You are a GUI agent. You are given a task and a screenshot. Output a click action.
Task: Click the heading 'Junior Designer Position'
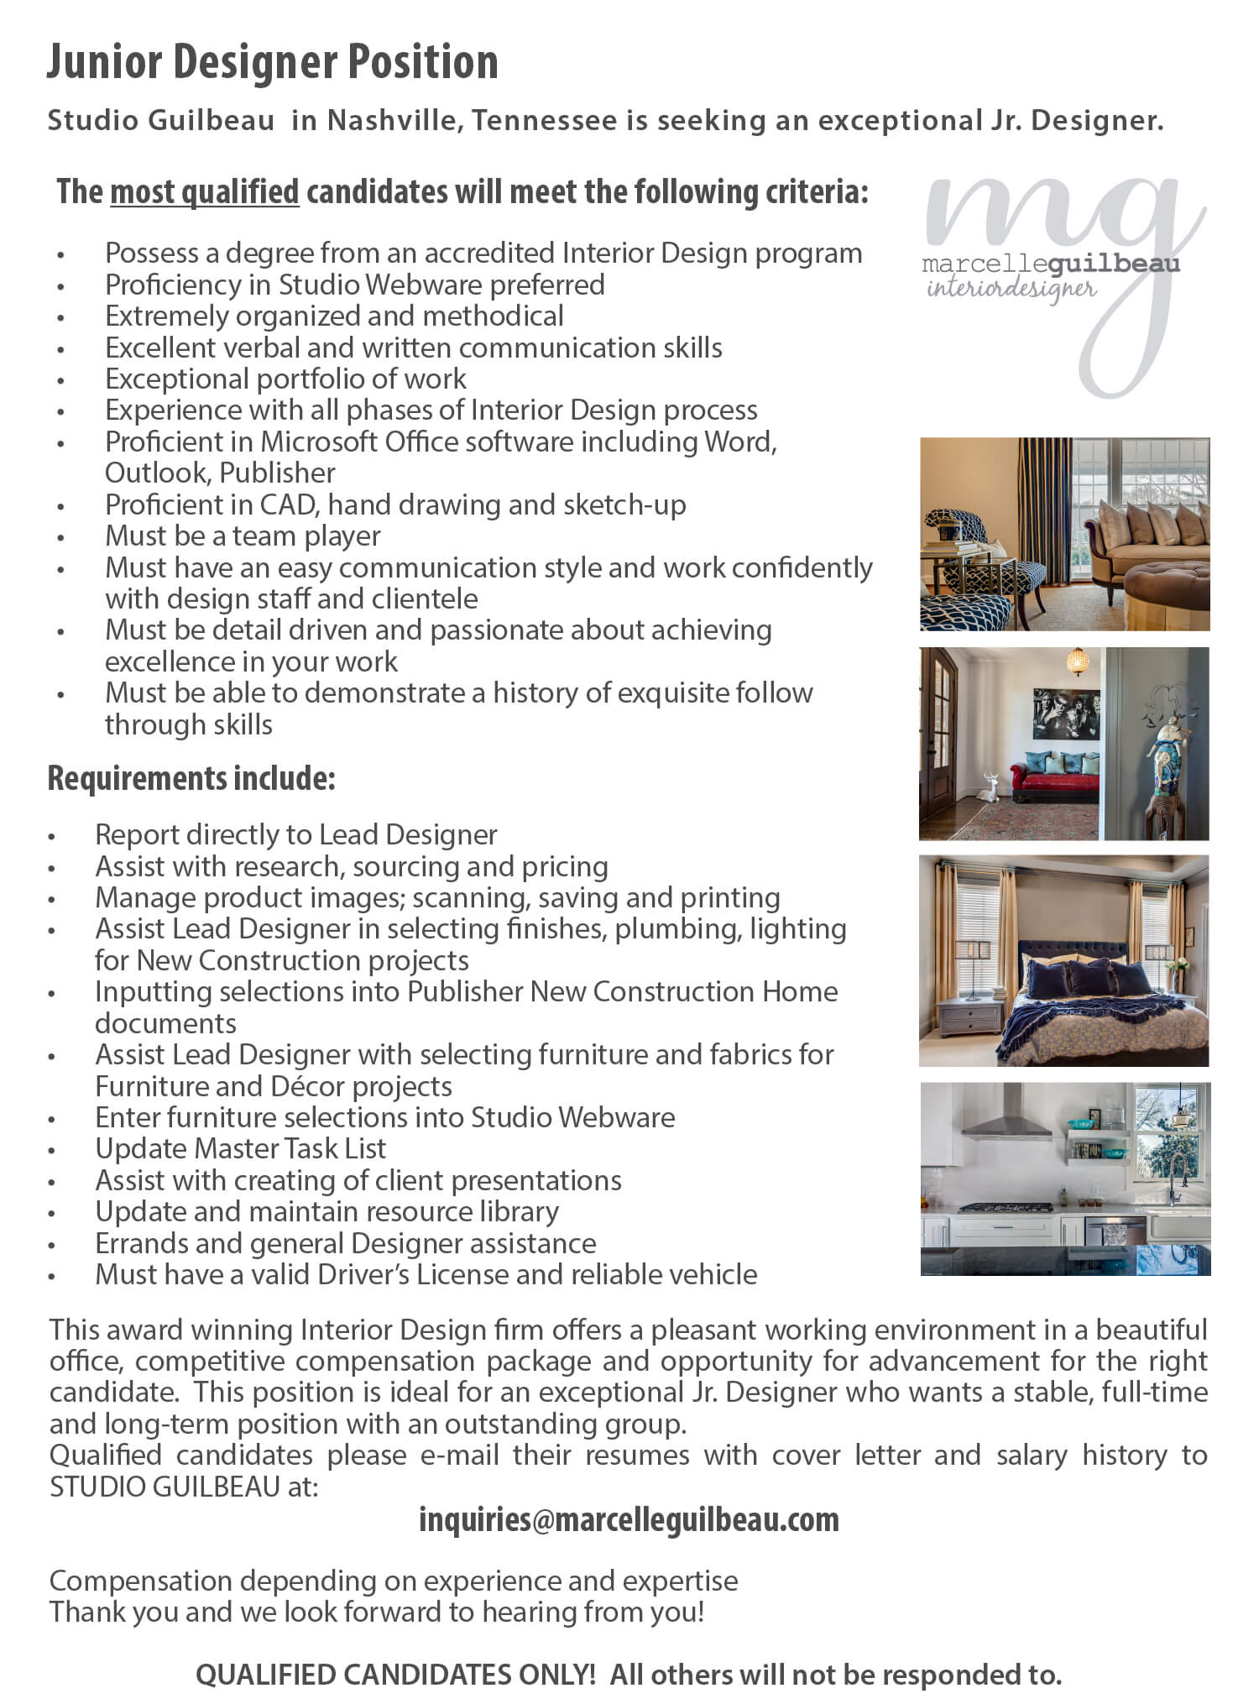pyautogui.click(x=272, y=62)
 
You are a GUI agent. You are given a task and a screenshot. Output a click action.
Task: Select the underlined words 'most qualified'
pyautogui.click(x=204, y=192)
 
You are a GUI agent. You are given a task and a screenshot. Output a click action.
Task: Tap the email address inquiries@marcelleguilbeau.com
pyautogui.click(x=629, y=1519)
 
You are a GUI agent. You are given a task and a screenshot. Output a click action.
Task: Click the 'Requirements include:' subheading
pyautogui.click(x=191, y=778)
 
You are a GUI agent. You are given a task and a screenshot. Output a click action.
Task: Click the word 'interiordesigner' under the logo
pyautogui.click(x=1011, y=290)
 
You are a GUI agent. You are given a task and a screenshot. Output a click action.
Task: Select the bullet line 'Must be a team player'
pyautogui.click(x=243, y=536)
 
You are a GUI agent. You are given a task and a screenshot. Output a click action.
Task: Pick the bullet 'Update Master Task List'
pyautogui.click(x=240, y=1148)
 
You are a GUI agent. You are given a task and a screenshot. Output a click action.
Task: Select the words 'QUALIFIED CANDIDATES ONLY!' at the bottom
pyautogui.click(x=395, y=1675)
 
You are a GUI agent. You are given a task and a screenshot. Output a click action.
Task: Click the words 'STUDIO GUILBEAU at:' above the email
pyautogui.click(x=184, y=1487)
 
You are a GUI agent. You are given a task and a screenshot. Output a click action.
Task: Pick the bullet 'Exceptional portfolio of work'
pyautogui.click(x=285, y=379)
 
